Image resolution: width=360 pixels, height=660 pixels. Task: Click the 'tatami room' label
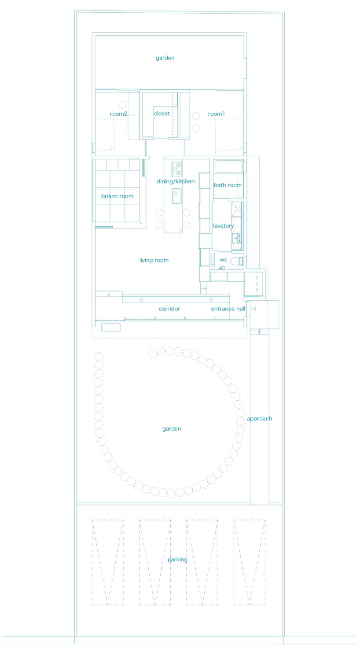tap(117, 196)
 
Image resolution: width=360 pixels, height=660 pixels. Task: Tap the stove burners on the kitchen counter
tap(176, 169)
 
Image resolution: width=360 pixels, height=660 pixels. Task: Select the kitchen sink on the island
tap(176, 195)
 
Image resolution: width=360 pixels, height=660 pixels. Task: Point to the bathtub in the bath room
tap(228, 167)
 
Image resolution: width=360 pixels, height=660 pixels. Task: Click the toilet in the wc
tap(236, 261)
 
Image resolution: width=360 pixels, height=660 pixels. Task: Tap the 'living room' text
tap(154, 260)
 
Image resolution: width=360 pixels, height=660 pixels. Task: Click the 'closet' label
tap(162, 114)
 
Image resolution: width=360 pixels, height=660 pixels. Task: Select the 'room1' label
tap(216, 114)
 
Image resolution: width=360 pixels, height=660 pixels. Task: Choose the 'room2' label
tap(118, 114)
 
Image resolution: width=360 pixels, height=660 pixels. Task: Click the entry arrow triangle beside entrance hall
tap(254, 309)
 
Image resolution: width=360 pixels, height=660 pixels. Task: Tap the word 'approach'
tap(259, 419)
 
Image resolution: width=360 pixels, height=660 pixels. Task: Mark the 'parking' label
tap(177, 560)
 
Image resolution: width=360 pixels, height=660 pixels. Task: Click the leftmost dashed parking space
tap(107, 562)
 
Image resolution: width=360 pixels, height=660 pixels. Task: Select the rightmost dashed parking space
tap(249, 562)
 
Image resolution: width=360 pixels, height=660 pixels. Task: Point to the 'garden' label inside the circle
tap(172, 429)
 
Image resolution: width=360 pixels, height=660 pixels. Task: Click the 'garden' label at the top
tap(165, 58)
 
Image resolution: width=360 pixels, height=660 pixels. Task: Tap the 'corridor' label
tap(169, 309)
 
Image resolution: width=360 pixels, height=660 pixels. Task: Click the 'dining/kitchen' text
tap(176, 181)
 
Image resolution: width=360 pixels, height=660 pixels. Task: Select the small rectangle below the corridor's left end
tap(110, 327)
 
